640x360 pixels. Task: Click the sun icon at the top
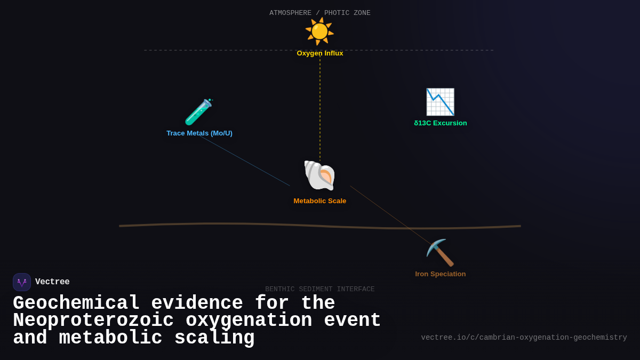[319, 31]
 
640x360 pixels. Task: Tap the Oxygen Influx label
[320, 53]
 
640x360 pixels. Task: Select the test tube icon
[198, 112]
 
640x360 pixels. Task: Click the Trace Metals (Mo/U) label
[199, 133]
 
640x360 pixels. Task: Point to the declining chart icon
[440, 102]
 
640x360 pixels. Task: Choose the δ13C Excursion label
[441, 123]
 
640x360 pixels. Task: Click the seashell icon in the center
[319, 175]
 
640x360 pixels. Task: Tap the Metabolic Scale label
[320, 201]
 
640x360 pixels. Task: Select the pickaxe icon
[440, 253]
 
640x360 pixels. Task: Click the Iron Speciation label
[441, 274]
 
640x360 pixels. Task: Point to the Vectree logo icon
[22, 282]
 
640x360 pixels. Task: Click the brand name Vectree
[52, 282]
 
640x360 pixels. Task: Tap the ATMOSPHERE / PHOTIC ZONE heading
[320, 13]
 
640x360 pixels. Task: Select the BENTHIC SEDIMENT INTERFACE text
[320, 289]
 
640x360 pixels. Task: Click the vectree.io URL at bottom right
[524, 338]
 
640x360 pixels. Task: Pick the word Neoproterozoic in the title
[93, 321]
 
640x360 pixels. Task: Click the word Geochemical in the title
[76, 303]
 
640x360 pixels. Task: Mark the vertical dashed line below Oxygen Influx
[320, 107]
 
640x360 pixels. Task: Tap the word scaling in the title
[214, 338]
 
